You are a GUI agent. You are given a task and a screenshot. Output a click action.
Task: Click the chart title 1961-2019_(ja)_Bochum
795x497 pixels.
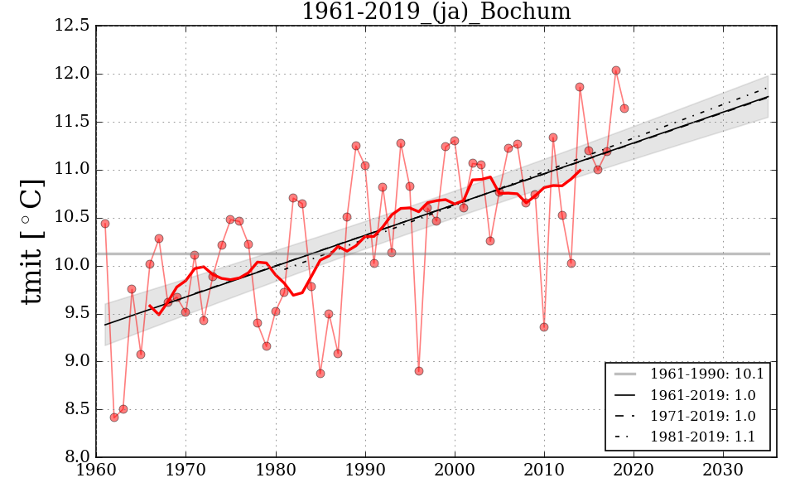pyautogui.click(x=436, y=12)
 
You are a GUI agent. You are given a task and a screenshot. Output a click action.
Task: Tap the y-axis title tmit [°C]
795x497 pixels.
pyautogui.click(x=31, y=241)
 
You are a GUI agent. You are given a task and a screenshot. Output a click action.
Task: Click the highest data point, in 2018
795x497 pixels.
pyautogui.click(x=616, y=70)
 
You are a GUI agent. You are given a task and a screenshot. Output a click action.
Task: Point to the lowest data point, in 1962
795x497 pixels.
pyautogui.click(x=114, y=417)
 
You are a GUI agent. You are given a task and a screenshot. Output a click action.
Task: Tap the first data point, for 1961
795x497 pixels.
pyautogui.click(x=105, y=224)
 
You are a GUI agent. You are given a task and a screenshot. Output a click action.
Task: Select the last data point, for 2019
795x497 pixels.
pyautogui.click(x=624, y=109)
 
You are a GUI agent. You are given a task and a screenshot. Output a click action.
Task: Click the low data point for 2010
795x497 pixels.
pyautogui.click(x=544, y=327)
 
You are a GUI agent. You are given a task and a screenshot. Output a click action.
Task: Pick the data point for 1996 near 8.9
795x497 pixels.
pyautogui.click(x=419, y=371)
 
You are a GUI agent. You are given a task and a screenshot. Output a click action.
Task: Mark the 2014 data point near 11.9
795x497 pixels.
pyautogui.click(x=580, y=87)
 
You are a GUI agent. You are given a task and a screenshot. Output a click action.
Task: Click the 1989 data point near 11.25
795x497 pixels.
pyautogui.click(x=356, y=146)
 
